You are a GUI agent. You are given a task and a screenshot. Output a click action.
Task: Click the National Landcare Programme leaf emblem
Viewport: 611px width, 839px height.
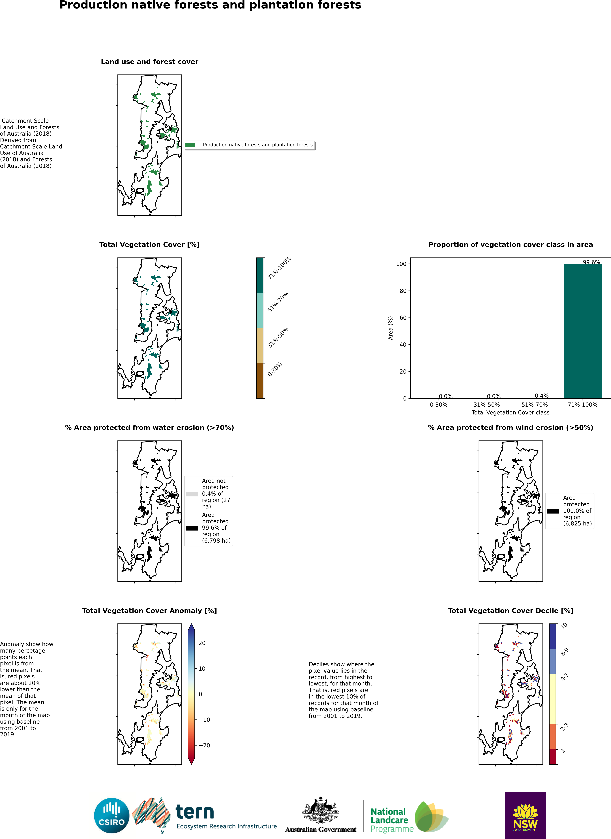pos(431,816)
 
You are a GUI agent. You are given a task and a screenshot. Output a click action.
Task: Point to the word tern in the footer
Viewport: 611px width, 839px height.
pos(195,812)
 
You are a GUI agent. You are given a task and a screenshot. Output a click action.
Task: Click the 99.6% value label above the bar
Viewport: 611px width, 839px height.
pos(591,262)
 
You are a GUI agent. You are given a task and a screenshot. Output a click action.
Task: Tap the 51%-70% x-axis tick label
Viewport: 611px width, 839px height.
pos(534,405)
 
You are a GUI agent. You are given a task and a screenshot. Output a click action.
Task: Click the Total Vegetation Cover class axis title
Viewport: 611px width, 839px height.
pos(510,412)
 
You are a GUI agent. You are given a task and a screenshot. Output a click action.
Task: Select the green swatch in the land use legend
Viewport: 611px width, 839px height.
pos(190,145)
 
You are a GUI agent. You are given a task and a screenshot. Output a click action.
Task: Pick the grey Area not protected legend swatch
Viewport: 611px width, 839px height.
pos(192,494)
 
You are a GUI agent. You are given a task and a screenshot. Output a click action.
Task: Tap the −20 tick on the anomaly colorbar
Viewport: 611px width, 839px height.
pos(204,745)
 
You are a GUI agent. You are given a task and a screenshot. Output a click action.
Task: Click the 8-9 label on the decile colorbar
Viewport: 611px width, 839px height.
pos(564,652)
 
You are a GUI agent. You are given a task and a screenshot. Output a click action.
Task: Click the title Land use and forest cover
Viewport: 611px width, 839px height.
pos(149,62)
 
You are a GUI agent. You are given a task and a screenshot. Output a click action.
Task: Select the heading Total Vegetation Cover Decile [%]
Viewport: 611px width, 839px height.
pos(510,611)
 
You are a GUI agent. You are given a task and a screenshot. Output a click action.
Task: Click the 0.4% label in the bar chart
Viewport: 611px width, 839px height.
pos(541,396)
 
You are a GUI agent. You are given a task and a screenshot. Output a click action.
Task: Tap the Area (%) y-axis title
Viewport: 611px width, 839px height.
pos(391,328)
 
